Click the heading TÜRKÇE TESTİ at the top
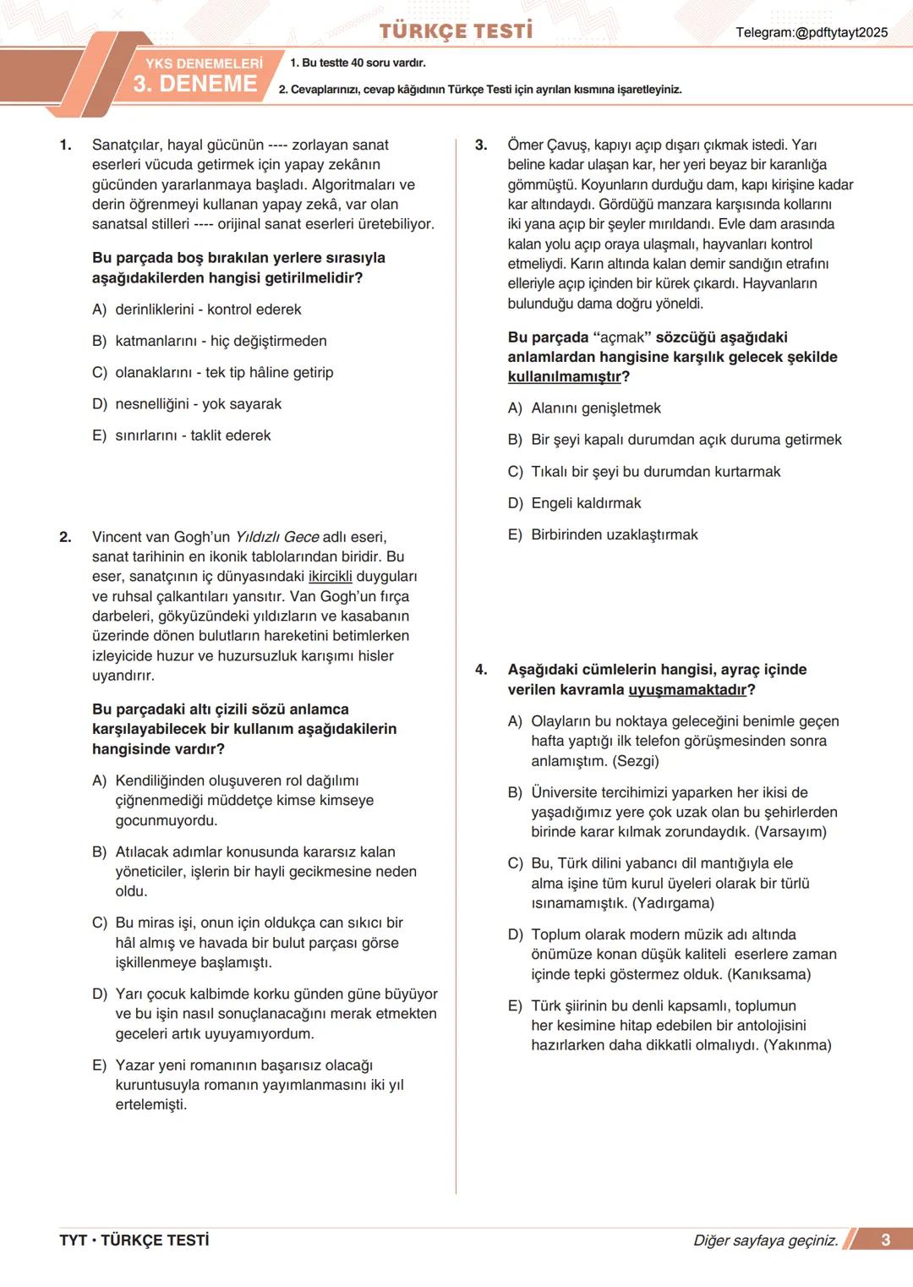(456, 31)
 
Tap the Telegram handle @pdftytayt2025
(812, 32)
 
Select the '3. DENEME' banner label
(195, 84)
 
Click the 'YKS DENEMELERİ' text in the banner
(204, 63)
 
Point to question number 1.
(65, 145)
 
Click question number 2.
(65, 537)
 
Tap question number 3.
(481, 145)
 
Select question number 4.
(481, 670)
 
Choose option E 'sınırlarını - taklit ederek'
(193, 435)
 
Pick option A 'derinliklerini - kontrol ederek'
(208, 309)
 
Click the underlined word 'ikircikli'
(331, 577)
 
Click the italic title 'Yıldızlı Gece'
(276, 537)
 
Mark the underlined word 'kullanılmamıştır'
(565, 377)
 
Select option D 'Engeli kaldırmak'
(586, 503)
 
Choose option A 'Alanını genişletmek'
(596, 408)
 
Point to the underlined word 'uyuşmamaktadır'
(687, 690)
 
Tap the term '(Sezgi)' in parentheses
(636, 761)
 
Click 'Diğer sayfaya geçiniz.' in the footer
(765, 1240)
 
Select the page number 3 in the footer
(885, 1240)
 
